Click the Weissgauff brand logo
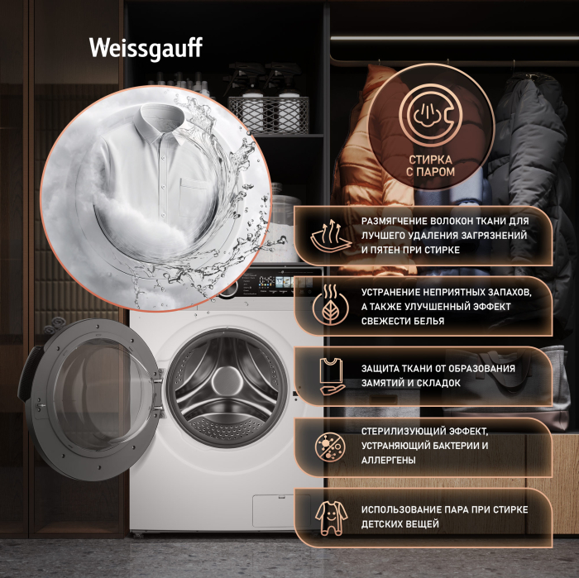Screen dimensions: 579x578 146,48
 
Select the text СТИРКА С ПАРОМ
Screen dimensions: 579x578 431,165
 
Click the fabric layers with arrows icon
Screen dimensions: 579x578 331,236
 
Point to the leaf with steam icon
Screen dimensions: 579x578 330,306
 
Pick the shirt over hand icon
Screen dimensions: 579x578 332,376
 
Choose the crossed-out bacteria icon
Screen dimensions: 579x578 330,447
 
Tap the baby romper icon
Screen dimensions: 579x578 331,518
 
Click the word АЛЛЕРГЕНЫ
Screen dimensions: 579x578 389,461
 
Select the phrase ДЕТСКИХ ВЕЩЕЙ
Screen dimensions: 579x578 400,524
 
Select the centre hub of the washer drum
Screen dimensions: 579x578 225,381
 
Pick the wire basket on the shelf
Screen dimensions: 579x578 269,115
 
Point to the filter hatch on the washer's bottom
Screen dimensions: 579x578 275,510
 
